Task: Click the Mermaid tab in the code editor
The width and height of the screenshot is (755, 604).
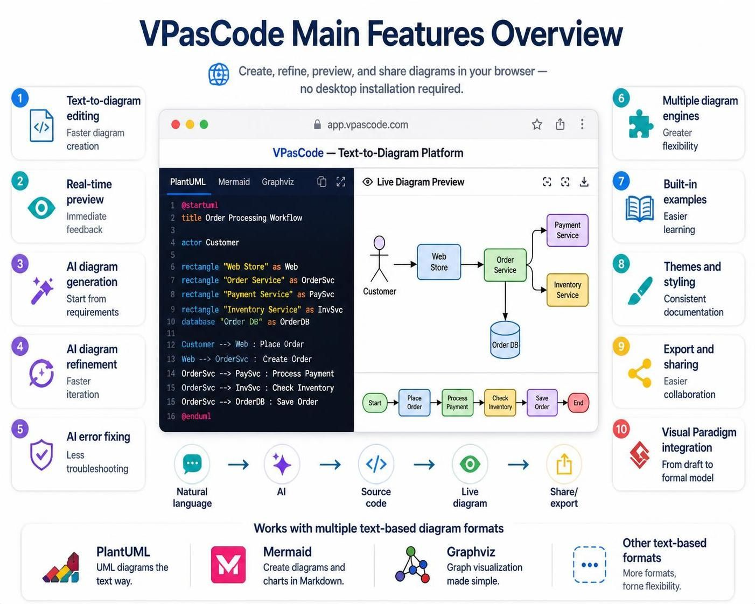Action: pyautogui.click(x=234, y=182)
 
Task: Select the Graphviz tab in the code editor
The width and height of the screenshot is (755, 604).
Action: pyautogui.click(x=278, y=182)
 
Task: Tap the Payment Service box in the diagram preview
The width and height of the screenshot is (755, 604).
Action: pyautogui.click(x=567, y=230)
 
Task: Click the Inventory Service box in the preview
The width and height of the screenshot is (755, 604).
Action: pyautogui.click(x=567, y=290)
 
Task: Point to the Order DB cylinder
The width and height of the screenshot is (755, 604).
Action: pyautogui.click(x=505, y=340)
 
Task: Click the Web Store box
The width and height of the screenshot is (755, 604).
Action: pyautogui.click(x=439, y=262)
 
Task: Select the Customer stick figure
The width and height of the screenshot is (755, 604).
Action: pyautogui.click(x=379, y=259)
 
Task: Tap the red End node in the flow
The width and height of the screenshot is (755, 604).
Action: pyautogui.click(x=578, y=403)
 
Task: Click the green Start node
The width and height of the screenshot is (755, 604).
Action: pyautogui.click(x=375, y=403)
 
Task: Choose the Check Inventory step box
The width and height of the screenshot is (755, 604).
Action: pyautogui.click(x=500, y=402)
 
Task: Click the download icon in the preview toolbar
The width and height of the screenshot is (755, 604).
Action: pyautogui.click(x=584, y=182)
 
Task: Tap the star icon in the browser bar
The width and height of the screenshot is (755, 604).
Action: pyautogui.click(x=537, y=124)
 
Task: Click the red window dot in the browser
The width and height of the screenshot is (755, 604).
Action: pyautogui.click(x=176, y=124)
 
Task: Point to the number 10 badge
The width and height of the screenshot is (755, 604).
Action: pyautogui.click(x=621, y=429)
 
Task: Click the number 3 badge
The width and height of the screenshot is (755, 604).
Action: pyautogui.click(x=20, y=264)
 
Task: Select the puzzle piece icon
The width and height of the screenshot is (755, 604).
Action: pyautogui.click(x=640, y=123)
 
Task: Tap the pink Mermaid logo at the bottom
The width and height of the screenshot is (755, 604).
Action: pyautogui.click(x=228, y=564)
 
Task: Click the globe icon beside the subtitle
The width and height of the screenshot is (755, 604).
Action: pyautogui.click(x=219, y=74)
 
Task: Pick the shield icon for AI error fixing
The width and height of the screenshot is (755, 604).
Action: pyautogui.click(x=41, y=454)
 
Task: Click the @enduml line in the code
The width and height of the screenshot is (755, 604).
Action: pyautogui.click(x=196, y=416)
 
